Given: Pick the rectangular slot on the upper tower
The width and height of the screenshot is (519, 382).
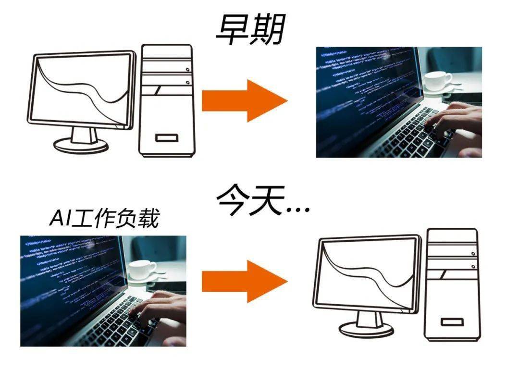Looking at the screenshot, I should coord(166,138).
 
